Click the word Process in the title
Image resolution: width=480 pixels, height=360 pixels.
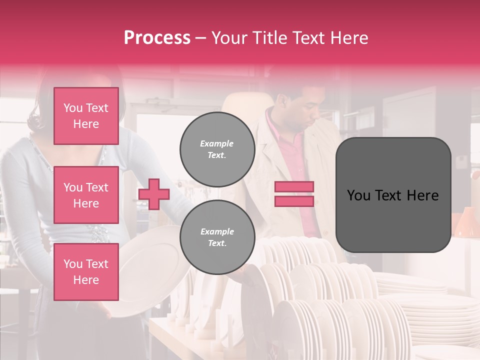[157, 38]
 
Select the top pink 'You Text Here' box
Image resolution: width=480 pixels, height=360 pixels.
[86, 116]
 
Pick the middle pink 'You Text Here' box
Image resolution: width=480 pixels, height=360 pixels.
[86, 195]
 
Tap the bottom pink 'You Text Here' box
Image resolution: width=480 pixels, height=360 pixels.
[86, 271]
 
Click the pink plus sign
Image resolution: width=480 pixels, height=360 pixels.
[153, 194]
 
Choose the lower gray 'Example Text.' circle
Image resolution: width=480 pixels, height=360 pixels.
[217, 237]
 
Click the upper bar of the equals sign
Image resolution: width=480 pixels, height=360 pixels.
[294, 187]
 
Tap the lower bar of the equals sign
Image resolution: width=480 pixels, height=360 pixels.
[294, 201]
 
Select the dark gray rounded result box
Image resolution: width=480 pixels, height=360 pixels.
[393, 195]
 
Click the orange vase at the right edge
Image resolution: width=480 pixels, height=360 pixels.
[465, 222]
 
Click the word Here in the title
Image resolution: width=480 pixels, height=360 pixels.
[348, 38]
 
